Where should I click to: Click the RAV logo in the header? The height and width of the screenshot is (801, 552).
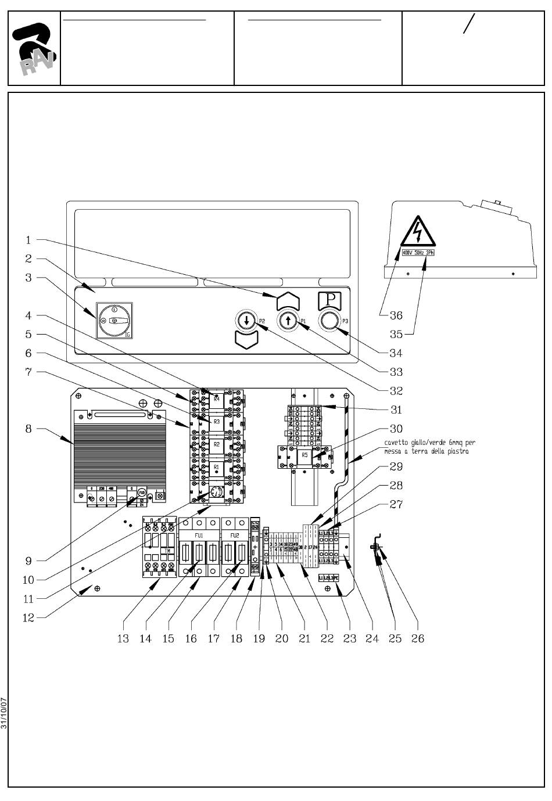pyautogui.click(x=34, y=49)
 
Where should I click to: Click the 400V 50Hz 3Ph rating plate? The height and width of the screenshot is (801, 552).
pyautogui.click(x=417, y=253)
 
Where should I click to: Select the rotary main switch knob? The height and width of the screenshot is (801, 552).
pyautogui.click(x=114, y=321)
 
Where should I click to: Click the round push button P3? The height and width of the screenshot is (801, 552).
pyautogui.click(x=329, y=321)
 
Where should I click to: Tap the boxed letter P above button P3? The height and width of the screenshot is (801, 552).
pyautogui.click(x=329, y=300)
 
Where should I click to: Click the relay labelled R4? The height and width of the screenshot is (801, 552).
pyautogui.click(x=216, y=398)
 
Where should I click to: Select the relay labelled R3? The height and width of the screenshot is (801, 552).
pyautogui.click(x=216, y=422)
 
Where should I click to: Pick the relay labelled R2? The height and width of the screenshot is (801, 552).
pyautogui.click(x=216, y=444)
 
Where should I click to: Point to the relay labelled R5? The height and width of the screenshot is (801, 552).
pyautogui.click(x=305, y=456)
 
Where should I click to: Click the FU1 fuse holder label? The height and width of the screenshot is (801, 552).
pyautogui.click(x=199, y=535)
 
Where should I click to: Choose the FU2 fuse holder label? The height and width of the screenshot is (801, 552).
pyautogui.click(x=234, y=535)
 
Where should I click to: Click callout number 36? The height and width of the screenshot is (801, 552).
pyautogui.click(x=396, y=315)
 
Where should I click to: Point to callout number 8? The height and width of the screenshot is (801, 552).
pyautogui.click(x=28, y=429)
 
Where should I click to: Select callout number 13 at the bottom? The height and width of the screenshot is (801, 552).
pyautogui.click(x=123, y=639)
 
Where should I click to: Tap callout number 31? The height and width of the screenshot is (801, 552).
pyautogui.click(x=396, y=410)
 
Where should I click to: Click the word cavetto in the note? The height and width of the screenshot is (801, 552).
pyautogui.click(x=395, y=443)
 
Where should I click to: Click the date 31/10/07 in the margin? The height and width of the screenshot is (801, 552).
pyautogui.click(x=4, y=713)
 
